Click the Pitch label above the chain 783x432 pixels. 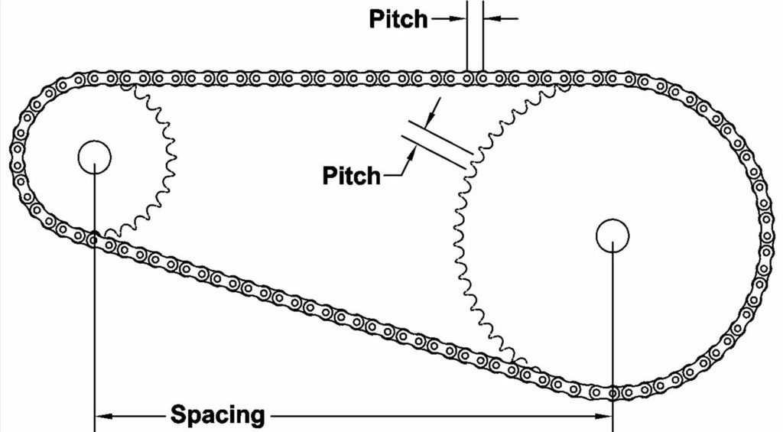click(398, 18)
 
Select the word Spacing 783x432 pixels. click(218, 416)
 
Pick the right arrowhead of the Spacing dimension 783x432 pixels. click(605, 416)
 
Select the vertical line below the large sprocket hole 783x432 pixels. click(612, 321)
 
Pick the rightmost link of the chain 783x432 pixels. click(765, 229)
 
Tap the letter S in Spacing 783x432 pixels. click(177, 416)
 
